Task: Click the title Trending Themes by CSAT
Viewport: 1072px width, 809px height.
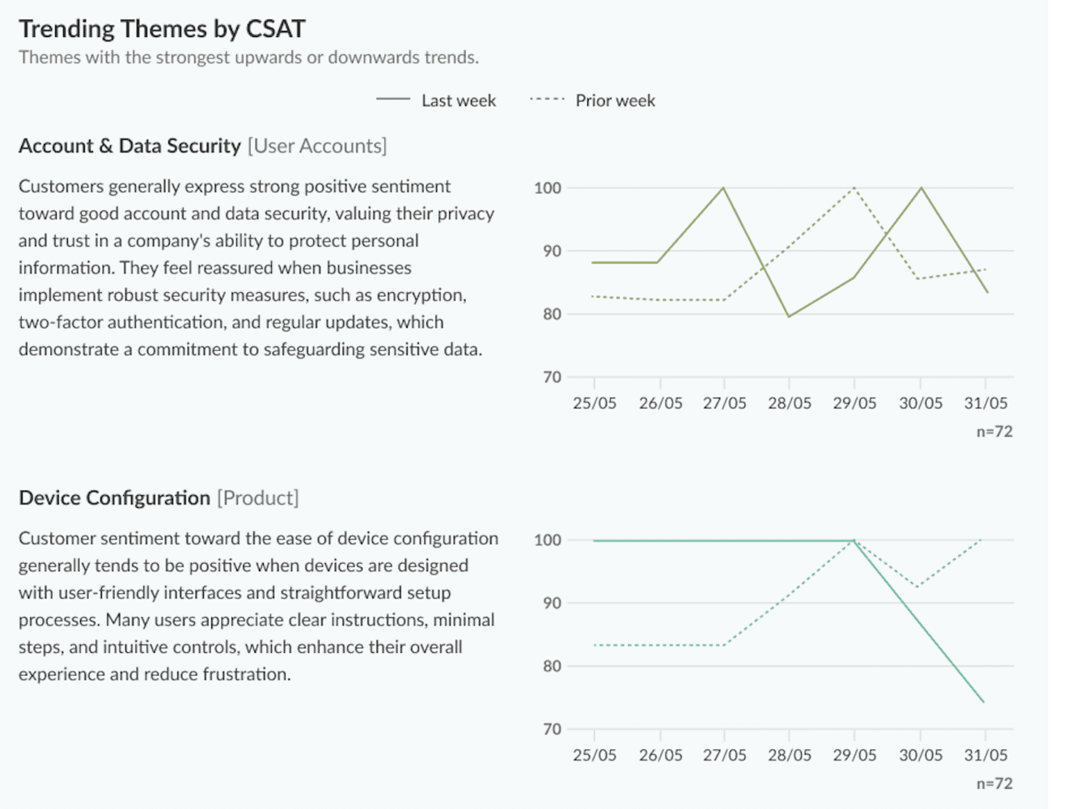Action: [162, 29]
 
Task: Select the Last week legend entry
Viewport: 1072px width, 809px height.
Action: [458, 100]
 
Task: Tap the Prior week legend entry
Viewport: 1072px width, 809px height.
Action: [615, 100]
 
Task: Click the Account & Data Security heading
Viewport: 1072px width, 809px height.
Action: [129, 146]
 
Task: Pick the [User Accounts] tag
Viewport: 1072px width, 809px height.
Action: [317, 146]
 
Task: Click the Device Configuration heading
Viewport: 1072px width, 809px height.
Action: [114, 498]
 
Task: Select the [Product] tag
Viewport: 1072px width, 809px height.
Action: [257, 498]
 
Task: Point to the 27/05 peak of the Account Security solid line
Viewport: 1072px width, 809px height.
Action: [723, 188]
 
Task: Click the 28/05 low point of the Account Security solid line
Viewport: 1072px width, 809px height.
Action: [789, 316]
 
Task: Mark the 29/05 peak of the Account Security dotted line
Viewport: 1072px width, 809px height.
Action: [854, 188]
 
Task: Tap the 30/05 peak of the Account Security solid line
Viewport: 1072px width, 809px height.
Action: [921, 188]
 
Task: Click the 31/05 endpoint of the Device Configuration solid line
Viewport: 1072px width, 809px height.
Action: [984, 701]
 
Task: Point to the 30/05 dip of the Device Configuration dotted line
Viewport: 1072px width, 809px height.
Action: [917, 587]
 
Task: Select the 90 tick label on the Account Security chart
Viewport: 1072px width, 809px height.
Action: [552, 251]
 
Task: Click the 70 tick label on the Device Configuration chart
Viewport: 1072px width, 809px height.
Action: [552, 729]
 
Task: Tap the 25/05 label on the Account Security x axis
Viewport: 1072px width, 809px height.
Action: [594, 403]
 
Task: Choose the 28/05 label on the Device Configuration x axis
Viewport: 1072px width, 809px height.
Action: [789, 755]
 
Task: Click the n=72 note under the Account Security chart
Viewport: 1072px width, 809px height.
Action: [994, 431]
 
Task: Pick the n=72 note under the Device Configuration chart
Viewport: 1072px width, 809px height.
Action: [994, 783]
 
